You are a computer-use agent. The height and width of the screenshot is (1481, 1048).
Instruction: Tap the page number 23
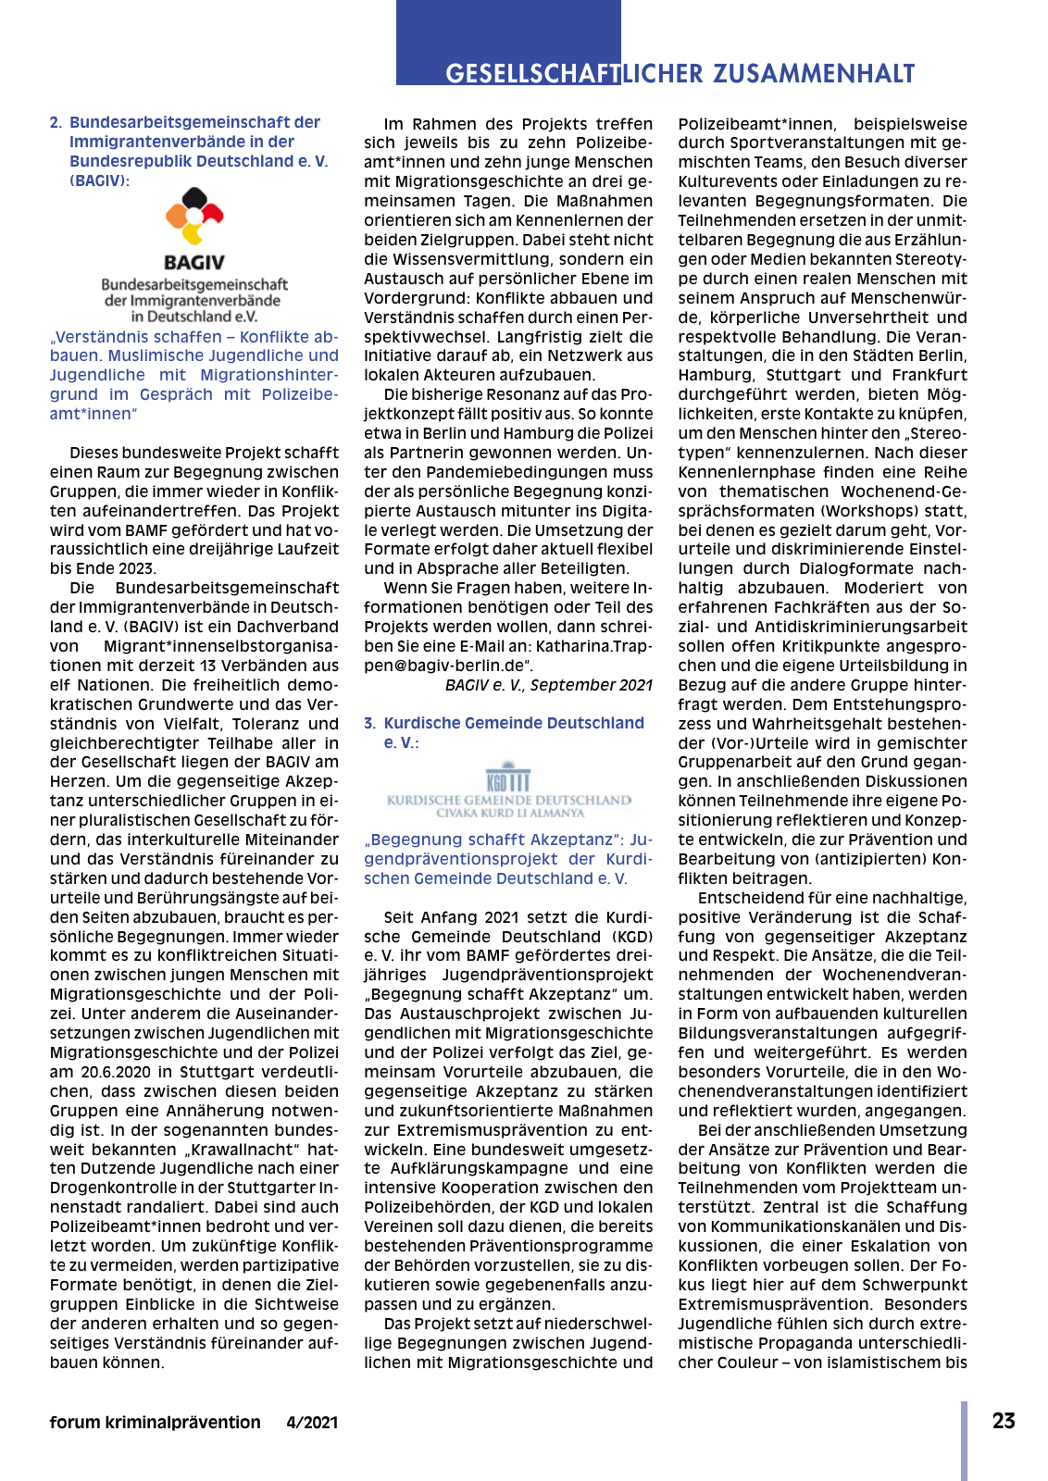(1004, 1421)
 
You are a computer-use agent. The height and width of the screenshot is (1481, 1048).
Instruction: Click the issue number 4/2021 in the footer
(312, 1423)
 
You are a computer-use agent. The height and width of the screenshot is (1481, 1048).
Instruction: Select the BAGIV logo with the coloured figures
(194, 218)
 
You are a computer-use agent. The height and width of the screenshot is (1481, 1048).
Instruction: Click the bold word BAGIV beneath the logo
(194, 263)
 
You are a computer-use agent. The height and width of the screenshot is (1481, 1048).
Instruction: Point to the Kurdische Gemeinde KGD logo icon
(508, 778)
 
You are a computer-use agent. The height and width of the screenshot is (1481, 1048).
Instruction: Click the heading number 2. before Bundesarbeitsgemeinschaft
(56, 122)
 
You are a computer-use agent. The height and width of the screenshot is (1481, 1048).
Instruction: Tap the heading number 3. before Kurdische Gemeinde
(369, 723)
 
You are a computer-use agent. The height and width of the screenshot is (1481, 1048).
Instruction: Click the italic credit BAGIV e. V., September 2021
(548, 685)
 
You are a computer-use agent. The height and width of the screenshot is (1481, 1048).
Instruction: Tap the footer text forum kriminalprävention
(156, 1423)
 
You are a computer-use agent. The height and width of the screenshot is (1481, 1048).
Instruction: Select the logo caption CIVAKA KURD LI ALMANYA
(510, 813)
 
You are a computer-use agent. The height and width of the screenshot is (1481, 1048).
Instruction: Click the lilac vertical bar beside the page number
(964, 1440)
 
